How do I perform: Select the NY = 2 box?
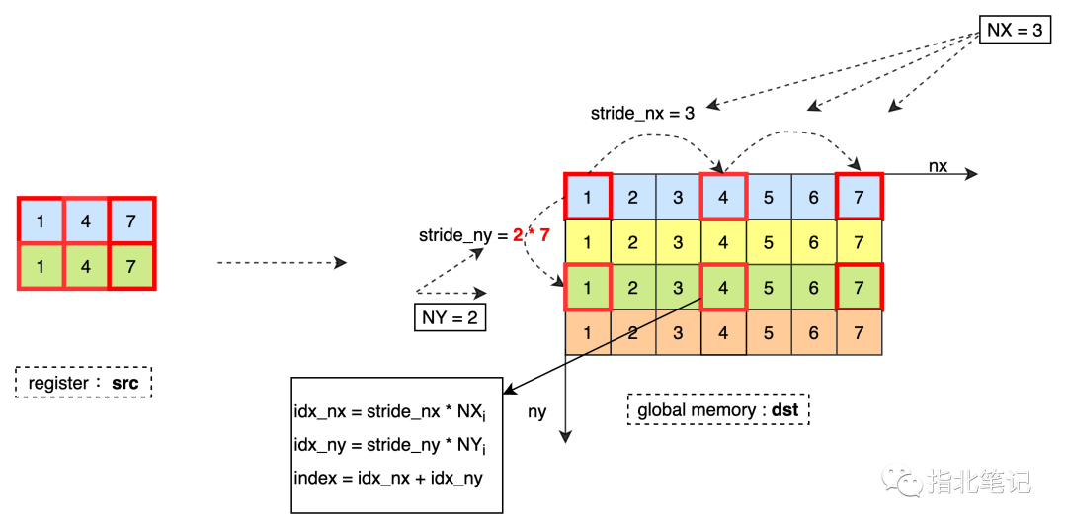(x=451, y=317)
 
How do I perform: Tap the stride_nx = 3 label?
(x=642, y=113)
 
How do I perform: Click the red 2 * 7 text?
(x=531, y=236)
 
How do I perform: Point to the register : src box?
(x=83, y=383)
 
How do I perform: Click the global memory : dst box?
(x=718, y=410)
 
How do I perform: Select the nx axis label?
(x=938, y=165)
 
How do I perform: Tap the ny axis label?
(x=536, y=412)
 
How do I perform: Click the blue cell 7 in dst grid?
(x=859, y=197)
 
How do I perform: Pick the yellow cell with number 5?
(x=769, y=241)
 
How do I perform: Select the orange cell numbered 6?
(x=813, y=333)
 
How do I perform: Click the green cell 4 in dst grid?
(x=723, y=288)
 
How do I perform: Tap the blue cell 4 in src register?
(x=85, y=221)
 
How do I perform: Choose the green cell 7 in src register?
(x=130, y=266)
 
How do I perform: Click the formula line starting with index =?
(x=388, y=478)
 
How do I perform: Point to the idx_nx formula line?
(x=391, y=412)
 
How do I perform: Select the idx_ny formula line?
(x=391, y=445)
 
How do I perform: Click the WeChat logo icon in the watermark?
(x=903, y=480)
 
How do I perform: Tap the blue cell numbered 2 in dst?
(x=633, y=197)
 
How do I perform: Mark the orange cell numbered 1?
(x=588, y=333)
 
